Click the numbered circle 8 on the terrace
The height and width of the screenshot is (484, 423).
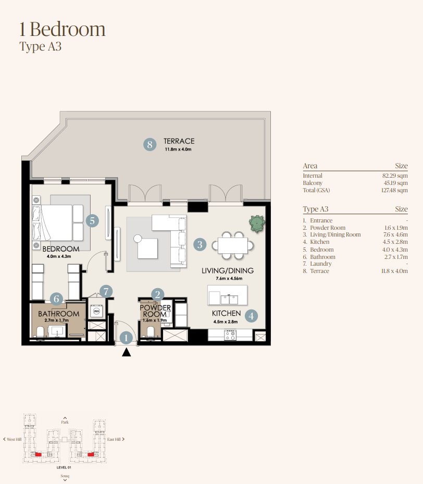tap(150, 144)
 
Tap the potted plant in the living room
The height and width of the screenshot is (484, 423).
tap(257, 224)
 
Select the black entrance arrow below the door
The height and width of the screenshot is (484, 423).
tap(126, 352)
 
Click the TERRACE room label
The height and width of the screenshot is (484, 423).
tap(179, 141)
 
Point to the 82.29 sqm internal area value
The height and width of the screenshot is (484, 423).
tap(395, 176)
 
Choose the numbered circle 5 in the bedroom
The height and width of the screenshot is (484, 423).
tap(92, 221)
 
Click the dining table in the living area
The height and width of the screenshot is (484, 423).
tap(233, 245)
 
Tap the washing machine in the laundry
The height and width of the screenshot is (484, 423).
tap(96, 312)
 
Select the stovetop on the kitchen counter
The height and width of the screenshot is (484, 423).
tap(230, 335)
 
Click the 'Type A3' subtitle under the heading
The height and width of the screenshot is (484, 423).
tap(41, 46)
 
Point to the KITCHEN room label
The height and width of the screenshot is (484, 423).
tap(226, 313)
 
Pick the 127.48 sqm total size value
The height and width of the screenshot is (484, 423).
tap(394, 190)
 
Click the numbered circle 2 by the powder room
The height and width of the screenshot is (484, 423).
tap(157, 294)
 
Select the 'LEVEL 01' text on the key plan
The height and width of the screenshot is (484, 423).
tap(64, 467)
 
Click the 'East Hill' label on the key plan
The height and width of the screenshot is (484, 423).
tap(114, 439)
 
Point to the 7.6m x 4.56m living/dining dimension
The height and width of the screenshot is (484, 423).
tap(229, 278)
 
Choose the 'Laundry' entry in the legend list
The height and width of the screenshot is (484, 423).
tap(321, 264)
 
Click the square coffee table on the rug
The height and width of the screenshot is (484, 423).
tap(147, 248)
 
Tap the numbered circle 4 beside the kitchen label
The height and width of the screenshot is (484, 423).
tap(251, 316)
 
